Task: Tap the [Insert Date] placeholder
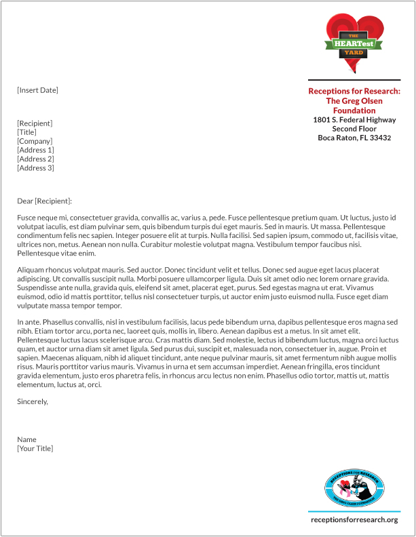[x=38, y=90]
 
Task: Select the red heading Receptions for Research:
[x=354, y=91]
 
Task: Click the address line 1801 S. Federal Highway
[x=354, y=119]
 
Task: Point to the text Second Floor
[x=354, y=129]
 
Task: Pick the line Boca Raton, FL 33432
[x=354, y=138]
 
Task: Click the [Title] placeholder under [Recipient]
[x=27, y=132]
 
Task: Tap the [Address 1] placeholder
[x=35, y=150]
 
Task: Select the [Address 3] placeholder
[x=35, y=167]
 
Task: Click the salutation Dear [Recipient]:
[x=44, y=201]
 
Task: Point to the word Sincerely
[x=33, y=401]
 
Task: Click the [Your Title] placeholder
[x=35, y=448]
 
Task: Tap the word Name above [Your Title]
[x=27, y=439]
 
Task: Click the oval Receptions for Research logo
[x=354, y=486]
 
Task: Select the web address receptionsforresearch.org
[x=354, y=519]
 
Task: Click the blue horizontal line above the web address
[x=354, y=511]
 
